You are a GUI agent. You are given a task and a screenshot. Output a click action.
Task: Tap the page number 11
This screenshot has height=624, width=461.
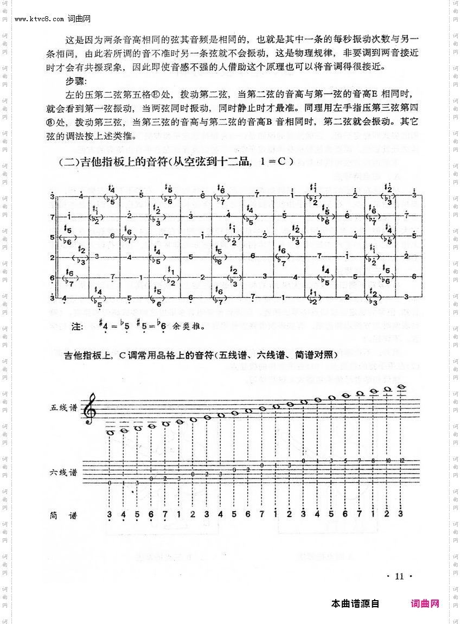[400, 576]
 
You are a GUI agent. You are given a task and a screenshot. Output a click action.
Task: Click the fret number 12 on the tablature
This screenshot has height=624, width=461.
[401, 460]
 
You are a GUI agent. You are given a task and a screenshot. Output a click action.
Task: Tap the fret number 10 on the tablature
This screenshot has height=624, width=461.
[387, 460]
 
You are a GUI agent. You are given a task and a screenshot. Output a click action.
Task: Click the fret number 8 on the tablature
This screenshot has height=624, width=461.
[373, 460]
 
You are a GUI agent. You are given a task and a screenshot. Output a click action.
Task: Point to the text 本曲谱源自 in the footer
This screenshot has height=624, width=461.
[355, 603]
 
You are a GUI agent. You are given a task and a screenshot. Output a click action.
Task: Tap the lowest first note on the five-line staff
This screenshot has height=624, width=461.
[110, 432]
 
